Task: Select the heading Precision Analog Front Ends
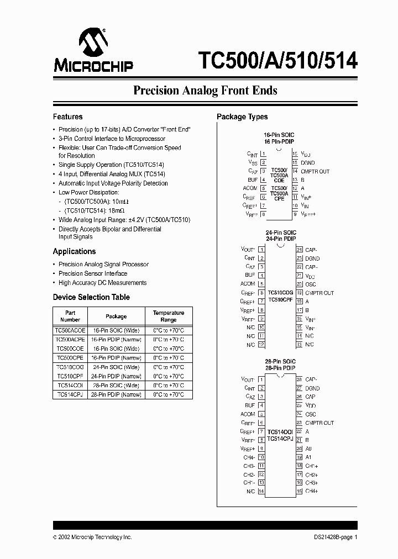coord(205,91)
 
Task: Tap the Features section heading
coord(67,117)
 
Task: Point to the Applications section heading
coord(74,251)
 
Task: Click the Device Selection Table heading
coord(91,297)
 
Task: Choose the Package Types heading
coord(242,117)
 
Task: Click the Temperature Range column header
coord(169,316)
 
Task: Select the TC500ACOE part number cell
coord(70,330)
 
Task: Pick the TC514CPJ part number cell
coord(70,394)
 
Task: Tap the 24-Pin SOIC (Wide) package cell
coord(116,367)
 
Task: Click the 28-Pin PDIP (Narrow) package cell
coord(116,394)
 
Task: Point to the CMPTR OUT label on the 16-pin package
coord(315,171)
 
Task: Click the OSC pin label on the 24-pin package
coord(310,284)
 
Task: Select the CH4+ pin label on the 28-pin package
coord(312,491)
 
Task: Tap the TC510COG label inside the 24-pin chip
coord(280,292)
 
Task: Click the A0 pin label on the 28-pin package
coord(308,449)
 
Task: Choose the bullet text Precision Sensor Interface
coord(93,273)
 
